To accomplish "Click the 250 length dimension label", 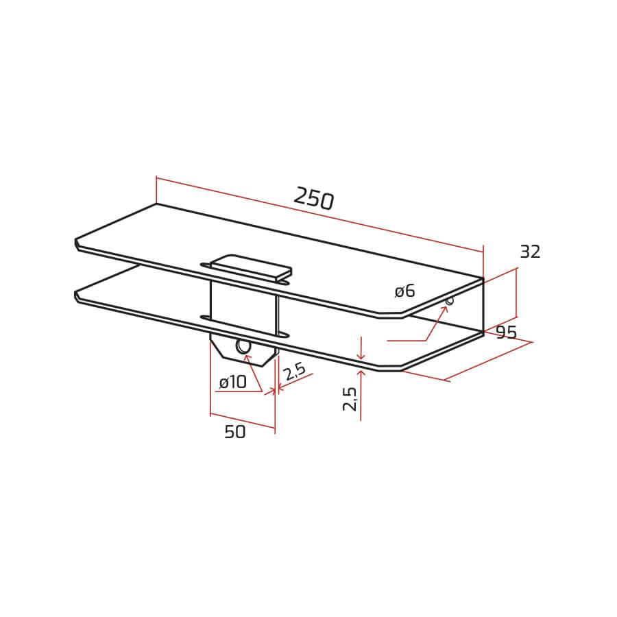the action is pos(313,198).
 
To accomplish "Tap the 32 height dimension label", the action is pos(530,252).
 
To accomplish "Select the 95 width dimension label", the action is pos(506,332).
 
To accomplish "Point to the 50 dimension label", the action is pos(235,432).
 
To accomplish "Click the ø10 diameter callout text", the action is pos(232,382).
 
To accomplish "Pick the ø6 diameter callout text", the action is pos(405,291).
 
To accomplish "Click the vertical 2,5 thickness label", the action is pos(350,398).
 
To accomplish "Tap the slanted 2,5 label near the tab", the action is pos(294,371).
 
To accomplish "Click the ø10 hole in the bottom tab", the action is pos(243,347).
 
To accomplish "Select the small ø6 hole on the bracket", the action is pos(449,301).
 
